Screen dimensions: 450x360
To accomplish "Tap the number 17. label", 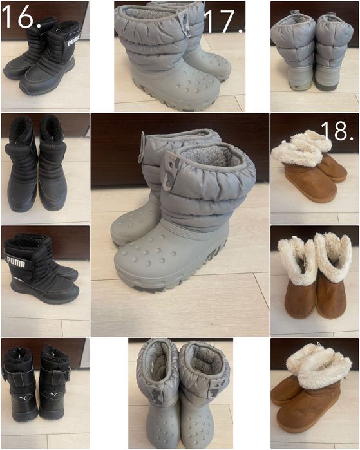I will [223, 21].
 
